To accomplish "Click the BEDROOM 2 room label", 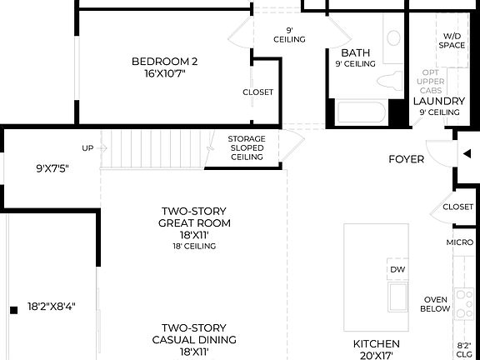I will (164, 61).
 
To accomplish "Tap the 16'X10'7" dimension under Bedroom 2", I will (164, 73).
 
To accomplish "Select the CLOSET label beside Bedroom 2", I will (257, 92).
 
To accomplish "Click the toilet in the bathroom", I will (390, 80).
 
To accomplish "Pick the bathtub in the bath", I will (361, 112).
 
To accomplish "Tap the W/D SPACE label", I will (453, 40).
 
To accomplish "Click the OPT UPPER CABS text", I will (431, 82).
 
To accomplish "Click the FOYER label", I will (407, 159).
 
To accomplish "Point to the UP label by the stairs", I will (87, 148).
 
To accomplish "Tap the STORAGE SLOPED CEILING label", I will (247, 147).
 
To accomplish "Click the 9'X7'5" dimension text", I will (52, 168).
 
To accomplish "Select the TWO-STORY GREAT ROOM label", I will (194, 217).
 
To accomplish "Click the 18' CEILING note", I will (194, 246).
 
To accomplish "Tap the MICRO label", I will (459, 242).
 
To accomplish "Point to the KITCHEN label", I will (376, 343).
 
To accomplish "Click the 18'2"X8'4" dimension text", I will (52, 307).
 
